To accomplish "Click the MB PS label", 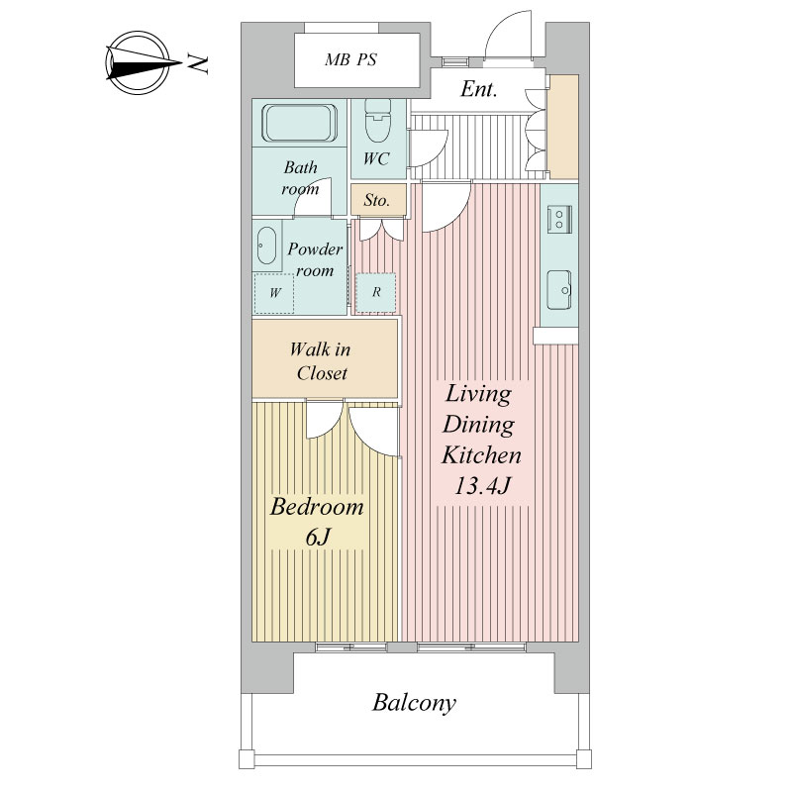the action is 350,59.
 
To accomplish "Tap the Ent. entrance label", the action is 478,89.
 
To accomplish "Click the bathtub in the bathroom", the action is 299,123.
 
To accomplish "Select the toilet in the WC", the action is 378,122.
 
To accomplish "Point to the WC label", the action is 376,159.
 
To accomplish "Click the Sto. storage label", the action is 377,201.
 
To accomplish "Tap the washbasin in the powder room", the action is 266,246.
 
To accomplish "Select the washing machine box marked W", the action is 274,293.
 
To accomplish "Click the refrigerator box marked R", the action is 376,292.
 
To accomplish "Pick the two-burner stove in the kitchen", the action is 559,219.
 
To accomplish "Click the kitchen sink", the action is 559,290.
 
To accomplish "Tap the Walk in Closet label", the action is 320,361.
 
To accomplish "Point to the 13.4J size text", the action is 482,486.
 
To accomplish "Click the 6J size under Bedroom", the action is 318,537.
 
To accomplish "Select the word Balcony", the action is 414,703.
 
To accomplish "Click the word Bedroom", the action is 317,507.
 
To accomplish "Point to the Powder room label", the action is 315,259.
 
